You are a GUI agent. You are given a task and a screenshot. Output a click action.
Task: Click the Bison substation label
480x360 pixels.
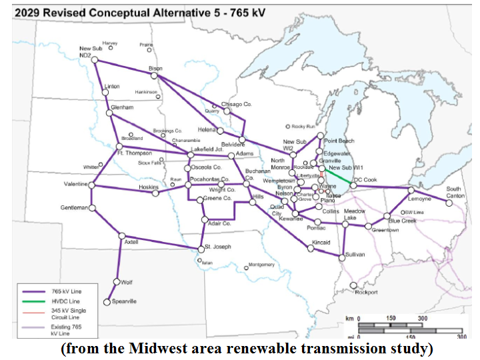pos(155,68)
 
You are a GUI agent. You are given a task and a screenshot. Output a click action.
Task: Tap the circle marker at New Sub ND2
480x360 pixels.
pos(95,60)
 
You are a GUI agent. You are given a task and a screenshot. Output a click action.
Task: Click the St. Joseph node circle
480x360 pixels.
pos(200,249)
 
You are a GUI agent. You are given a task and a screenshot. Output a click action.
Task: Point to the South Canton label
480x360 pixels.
pos(455,192)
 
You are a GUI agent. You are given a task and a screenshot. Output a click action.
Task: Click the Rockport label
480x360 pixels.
pos(366,292)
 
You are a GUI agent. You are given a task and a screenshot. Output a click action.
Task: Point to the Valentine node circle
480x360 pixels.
pos(91,185)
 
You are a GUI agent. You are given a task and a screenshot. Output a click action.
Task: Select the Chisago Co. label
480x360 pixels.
pos(236,105)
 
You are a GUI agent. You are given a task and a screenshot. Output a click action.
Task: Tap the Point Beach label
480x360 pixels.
pos(339,141)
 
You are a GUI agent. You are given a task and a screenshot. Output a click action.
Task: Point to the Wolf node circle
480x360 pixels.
pos(118,283)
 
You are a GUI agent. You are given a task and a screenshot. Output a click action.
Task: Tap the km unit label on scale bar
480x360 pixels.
pos(349,319)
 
